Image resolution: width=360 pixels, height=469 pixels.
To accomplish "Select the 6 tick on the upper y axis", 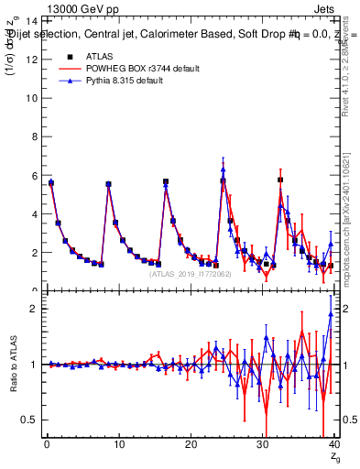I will point(35,175).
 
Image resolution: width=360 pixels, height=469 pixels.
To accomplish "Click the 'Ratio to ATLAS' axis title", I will point(12,365).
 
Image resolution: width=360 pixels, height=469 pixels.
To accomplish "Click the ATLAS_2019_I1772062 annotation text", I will point(189,274).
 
